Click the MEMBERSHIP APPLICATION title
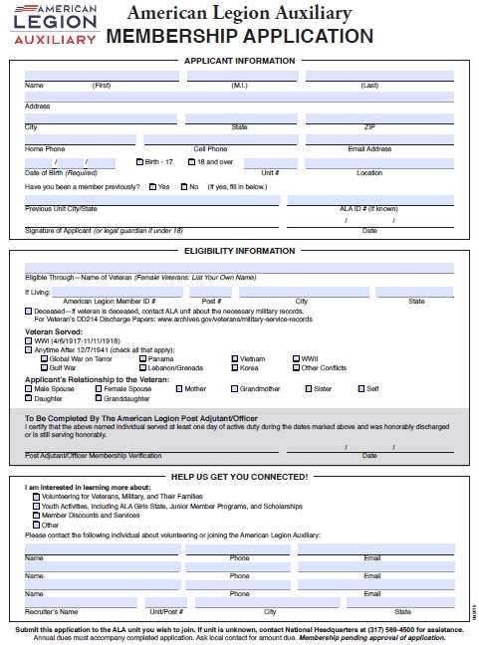click(x=239, y=37)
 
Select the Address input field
click(x=239, y=97)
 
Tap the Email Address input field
click(x=368, y=140)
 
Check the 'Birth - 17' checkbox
click(x=139, y=161)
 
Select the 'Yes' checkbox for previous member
click(x=152, y=186)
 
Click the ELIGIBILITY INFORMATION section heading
click(x=239, y=251)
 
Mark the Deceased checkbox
click(x=29, y=311)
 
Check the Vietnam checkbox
click(x=235, y=358)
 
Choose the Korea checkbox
click(x=235, y=367)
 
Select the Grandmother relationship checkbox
click(x=235, y=389)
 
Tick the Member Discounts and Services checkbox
click(x=36, y=516)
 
